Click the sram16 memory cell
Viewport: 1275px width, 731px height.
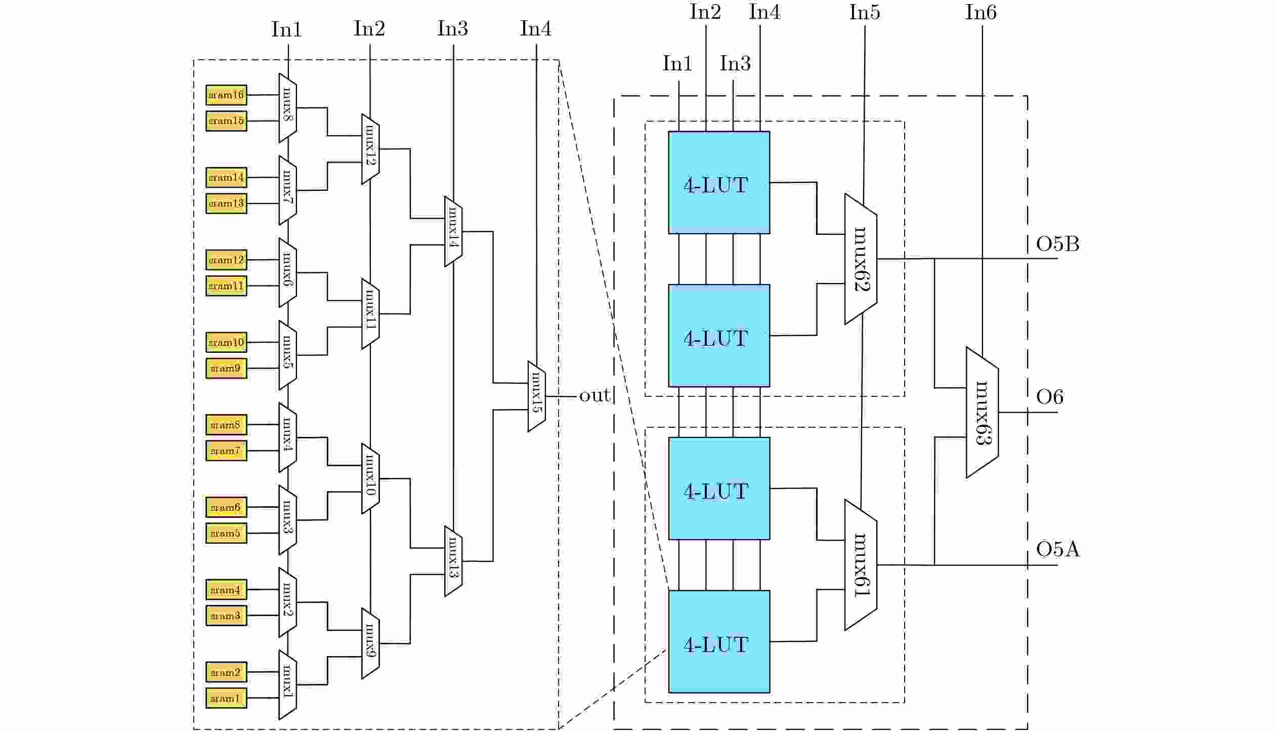[x=226, y=95]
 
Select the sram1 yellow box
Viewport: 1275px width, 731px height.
[x=226, y=698]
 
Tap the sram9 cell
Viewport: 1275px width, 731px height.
[x=226, y=369]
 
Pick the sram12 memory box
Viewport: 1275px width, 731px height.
[x=226, y=260]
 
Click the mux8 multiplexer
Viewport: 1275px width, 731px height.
[x=287, y=108]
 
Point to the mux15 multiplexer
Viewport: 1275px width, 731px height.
[x=536, y=396]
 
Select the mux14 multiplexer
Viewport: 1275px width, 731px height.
[x=453, y=231]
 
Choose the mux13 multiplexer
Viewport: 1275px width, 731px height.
[x=453, y=561]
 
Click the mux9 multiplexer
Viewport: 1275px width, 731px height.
[x=370, y=643]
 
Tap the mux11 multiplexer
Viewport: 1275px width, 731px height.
[x=370, y=314]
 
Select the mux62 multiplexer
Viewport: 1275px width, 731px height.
[x=861, y=259]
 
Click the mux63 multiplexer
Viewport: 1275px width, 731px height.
[x=982, y=412]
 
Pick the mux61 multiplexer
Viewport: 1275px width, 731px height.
[x=861, y=565]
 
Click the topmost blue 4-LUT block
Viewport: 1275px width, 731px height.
[x=719, y=183]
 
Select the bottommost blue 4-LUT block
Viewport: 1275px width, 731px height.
[x=719, y=641]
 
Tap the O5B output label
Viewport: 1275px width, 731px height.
[x=1057, y=245]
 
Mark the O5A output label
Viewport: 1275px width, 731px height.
[x=1057, y=549]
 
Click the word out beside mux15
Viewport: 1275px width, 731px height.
[x=594, y=396]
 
